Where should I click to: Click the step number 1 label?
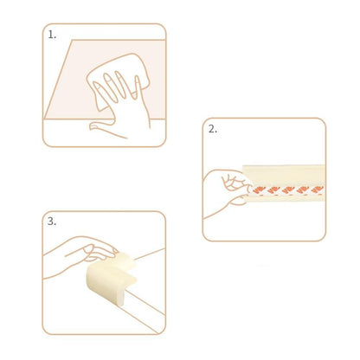click(52, 36)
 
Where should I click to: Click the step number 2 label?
click(212, 130)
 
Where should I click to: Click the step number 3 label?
click(52, 222)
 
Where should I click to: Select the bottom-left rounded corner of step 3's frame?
click(46, 330)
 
